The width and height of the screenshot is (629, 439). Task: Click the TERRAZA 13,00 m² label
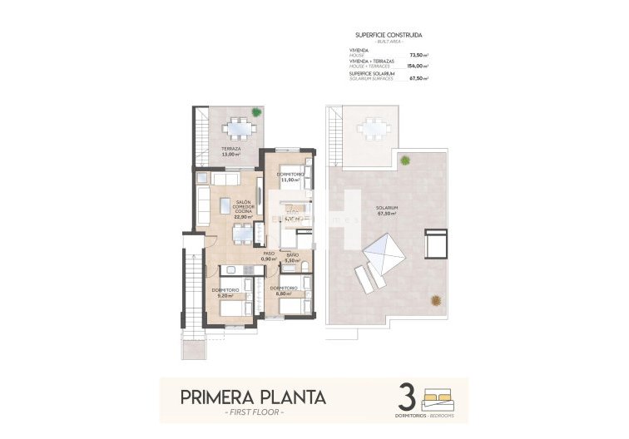click(x=230, y=152)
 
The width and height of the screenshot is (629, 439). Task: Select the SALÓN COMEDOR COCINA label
click(x=243, y=210)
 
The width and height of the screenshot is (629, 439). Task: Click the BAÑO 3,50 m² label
click(x=293, y=257)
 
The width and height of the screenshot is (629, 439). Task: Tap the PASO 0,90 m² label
click(x=268, y=257)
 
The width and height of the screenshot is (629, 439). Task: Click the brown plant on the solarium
click(x=434, y=301)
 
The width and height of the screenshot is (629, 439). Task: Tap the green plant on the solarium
click(x=405, y=160)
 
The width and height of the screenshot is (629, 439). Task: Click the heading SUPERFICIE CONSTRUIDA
click(x=388, y=35)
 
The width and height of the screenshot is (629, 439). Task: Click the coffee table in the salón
click(x=225, y=203)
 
